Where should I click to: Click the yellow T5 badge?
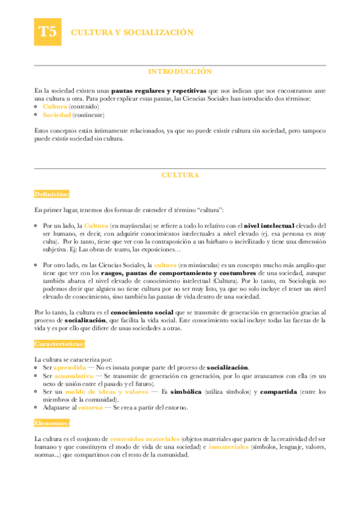coord(47,32)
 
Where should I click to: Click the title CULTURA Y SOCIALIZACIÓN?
coord(132,32)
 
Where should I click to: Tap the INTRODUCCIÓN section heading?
coord(180,72)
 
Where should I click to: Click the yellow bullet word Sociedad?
coord(55,114)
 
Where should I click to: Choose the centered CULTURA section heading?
coord(180,175)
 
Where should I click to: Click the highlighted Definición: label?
coord(52,194)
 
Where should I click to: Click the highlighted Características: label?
coord(59,344)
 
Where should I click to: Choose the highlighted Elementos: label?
coord(52,423)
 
